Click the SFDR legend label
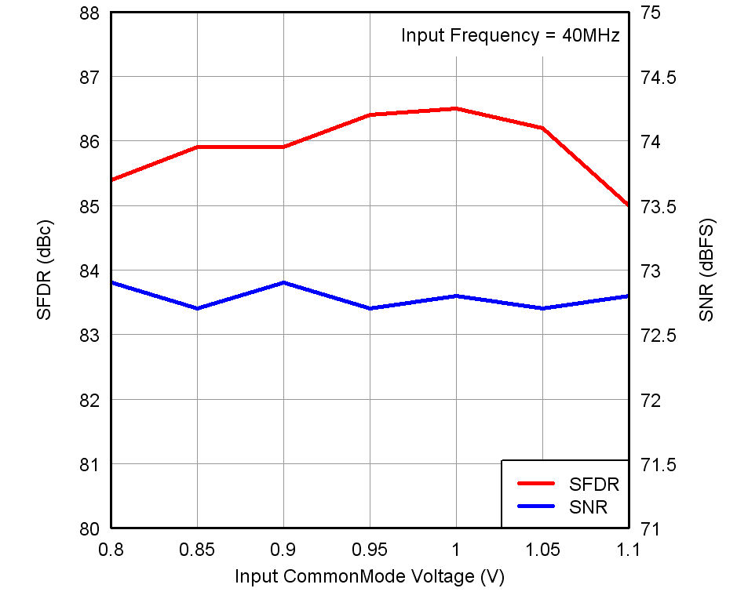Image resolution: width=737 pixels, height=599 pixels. tap(594, 484)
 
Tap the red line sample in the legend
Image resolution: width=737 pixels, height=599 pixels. tap(536, 484)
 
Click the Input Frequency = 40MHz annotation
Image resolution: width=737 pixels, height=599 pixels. tap(510, 35)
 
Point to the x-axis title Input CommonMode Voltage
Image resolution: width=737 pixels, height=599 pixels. tap(369, 577)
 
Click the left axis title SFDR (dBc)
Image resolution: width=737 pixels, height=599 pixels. tap(44, 270)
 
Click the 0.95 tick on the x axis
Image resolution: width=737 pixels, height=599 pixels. tap(369, 550)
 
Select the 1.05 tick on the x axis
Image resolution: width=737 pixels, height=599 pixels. tap(542, 550)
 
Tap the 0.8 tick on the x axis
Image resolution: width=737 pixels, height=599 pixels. tap(111, 550)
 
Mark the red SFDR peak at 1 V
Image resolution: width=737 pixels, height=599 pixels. tap(456, 108)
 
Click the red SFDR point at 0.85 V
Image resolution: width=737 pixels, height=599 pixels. tap(197, 147)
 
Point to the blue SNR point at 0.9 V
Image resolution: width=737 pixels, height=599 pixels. tap(283, 282)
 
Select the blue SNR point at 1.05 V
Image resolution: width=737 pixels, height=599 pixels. tap(542, 308)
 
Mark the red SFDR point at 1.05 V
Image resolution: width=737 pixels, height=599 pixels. tap(542, 128)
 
